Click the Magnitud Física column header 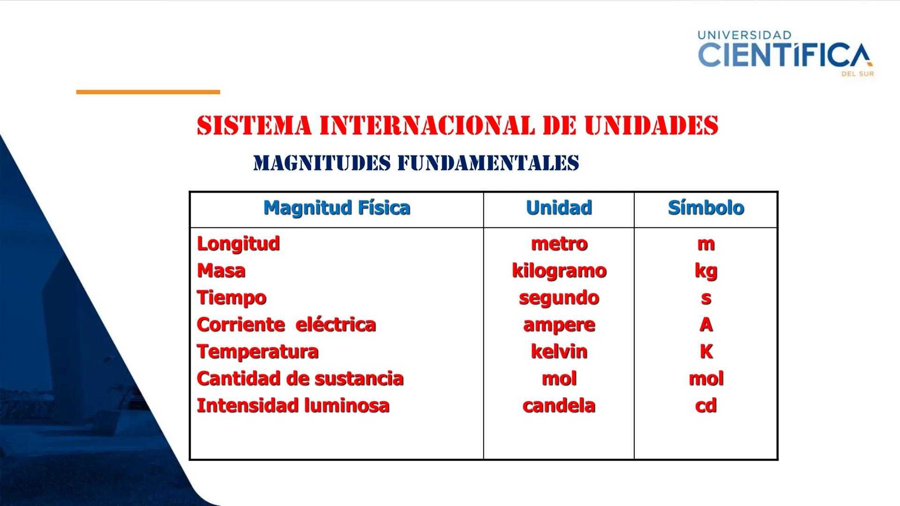pyautogui.click(x=337, y=208)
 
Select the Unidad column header pyautogui.click(x=559, y=208)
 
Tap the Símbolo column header pyautogui.click(x=706, y=208)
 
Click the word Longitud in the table pyautogui.click(x=238, y=244)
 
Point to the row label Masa pyautogui.click(x=221, y=271)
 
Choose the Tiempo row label pyautogui.click(x=232, y=298)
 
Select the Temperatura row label pyautogui.click(x=257, y=351)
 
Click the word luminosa pyautogui.click(x=347, y=406)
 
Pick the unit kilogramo pyautogui.click(x=559, y=271)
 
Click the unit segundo pyautogui.click(x=559, y=298)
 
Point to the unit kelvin pyautogui.click(x=559, y=351)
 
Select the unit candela pyautogui.click(x=559, y=406)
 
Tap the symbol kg pyautogui.click(x=706, y=271)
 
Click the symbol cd pyautogui.click(x=706, y=406)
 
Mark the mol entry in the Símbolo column pyautogui.click(x=706, y=379)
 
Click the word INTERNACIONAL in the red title pyautogui.click(x=427, y=126)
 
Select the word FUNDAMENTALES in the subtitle pyautogui.click(x=488, y=163)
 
